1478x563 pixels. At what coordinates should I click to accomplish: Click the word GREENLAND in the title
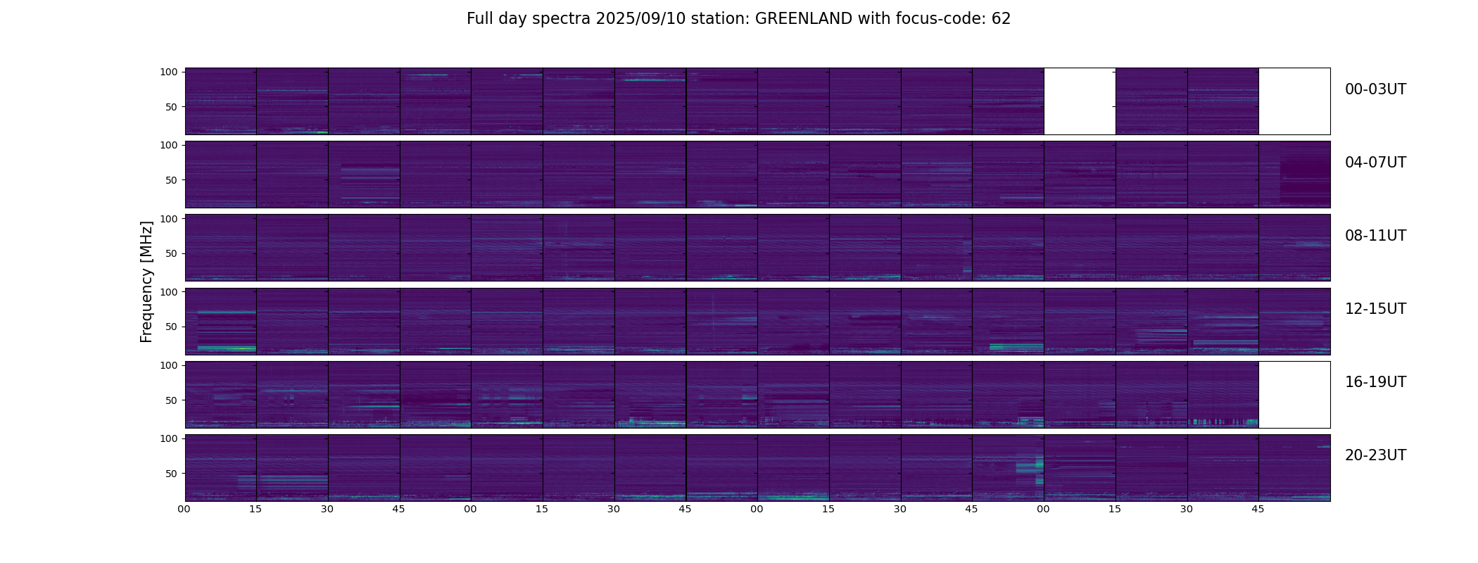pyautogui.click(x=803, y=19)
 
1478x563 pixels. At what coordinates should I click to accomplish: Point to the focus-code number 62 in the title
pyautogui.click(x=1001, y=19)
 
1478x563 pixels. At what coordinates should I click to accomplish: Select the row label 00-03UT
pyautogui.click(x=1375, y=89)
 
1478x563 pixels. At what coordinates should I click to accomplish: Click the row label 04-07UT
pyautogui.click(x=1375, y=163)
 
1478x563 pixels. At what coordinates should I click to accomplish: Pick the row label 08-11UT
pyautogui.click(x=1375, y=236)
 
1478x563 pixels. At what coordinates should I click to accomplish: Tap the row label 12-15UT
pyautogui.click(x=1375, y=309)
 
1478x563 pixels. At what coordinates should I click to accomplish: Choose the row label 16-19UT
pyautogui.click(x=1375, y=382)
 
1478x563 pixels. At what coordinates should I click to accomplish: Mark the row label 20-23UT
pyautogui.click(x=1375, y=455)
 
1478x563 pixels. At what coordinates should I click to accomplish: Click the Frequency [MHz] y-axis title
pyautogui.click(x=146, y=281)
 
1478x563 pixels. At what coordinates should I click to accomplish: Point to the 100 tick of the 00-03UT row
pyautogui.click(x=169, y=72)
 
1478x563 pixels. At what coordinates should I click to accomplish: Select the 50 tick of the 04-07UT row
pyautogui.click(x=171, y=180)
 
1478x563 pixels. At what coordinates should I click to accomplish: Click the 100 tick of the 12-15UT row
pyautogui.click(x=169, y=291)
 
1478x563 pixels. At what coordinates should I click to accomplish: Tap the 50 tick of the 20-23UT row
pyautogui.click(x=171, y=474)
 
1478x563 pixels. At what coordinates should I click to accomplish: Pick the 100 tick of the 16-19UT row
pyautogui.click(x=169, y=365)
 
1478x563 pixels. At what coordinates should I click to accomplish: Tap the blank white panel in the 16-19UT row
pyautogui.click(x=1294, y=394)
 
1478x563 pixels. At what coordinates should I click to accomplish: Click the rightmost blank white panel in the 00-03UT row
pyautogui.click(x=1294, y=101)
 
